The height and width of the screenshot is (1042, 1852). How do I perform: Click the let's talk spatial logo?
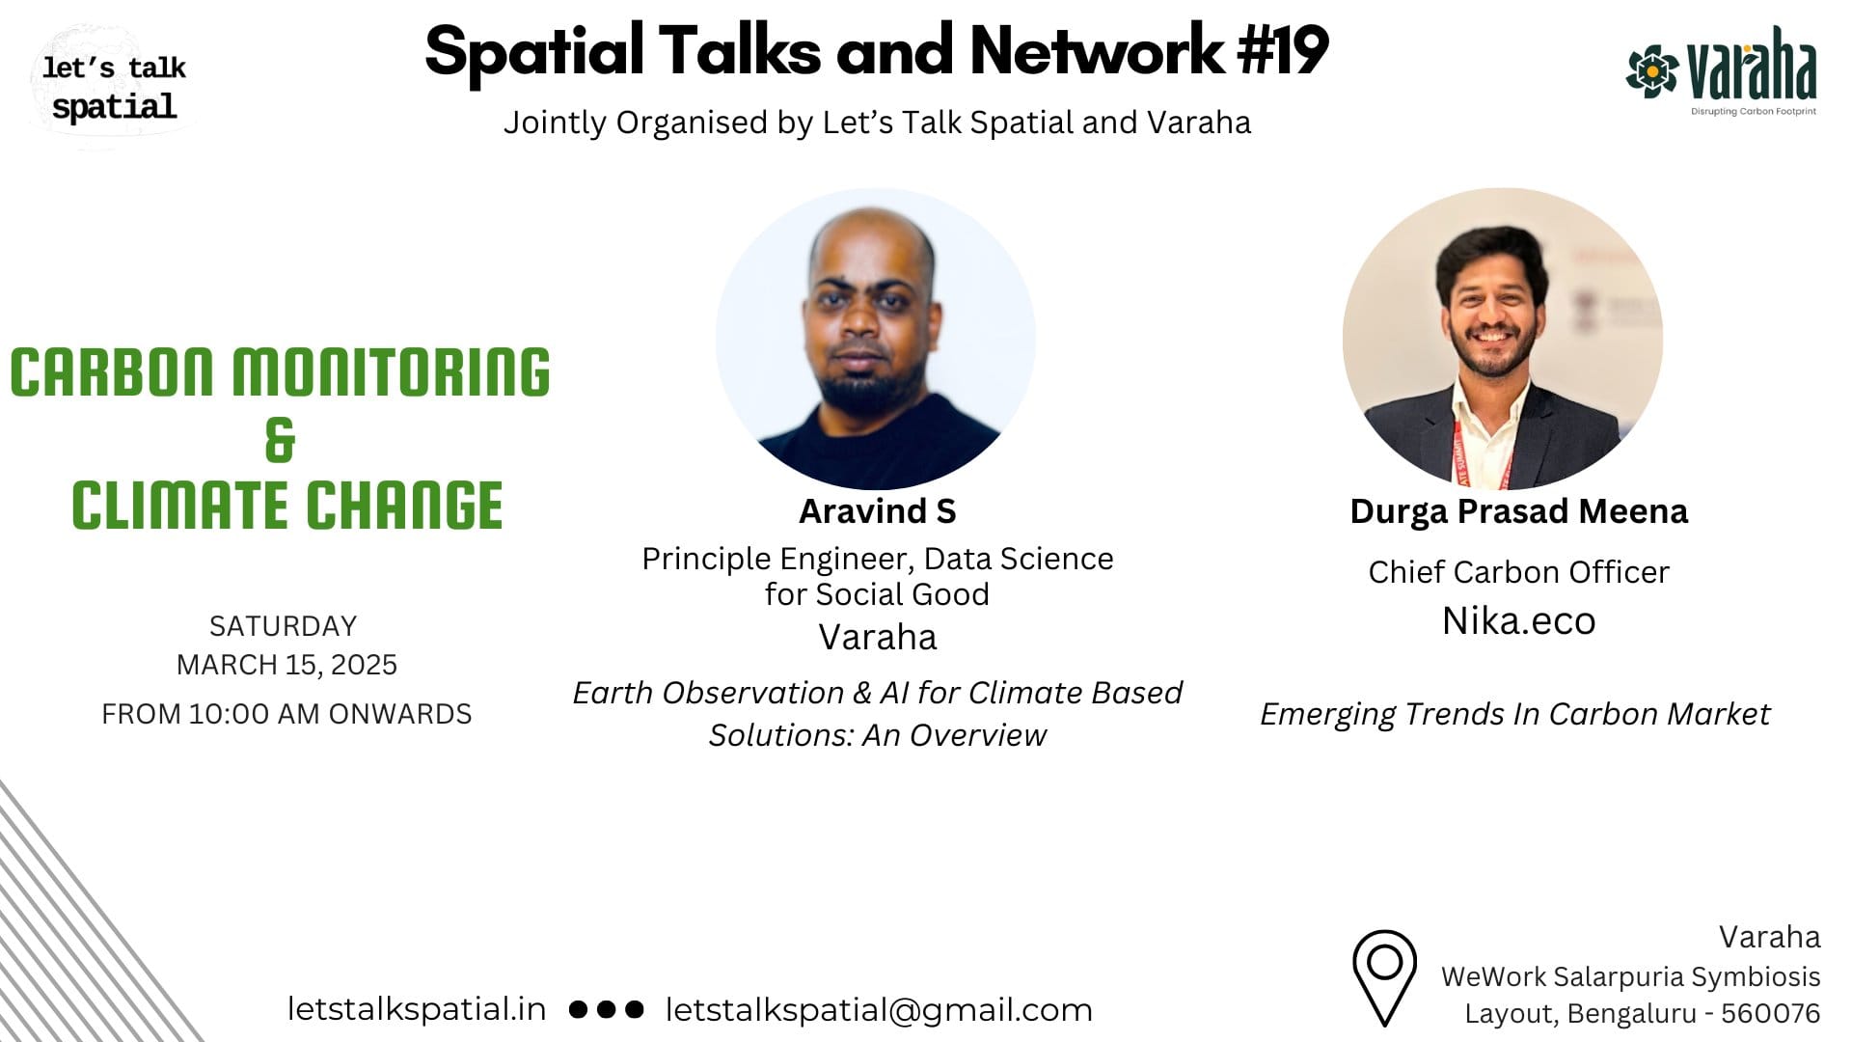point(114,87)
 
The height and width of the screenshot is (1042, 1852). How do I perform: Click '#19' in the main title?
point(1284,50)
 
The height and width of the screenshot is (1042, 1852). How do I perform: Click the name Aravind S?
point(877,511)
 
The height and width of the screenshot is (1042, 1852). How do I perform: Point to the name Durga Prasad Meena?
point(1518,511)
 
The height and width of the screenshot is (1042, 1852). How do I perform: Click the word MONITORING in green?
point(391,372)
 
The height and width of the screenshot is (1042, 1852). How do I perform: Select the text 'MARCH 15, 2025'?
point(286,665)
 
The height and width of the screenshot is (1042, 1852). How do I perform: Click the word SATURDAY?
point(284,626)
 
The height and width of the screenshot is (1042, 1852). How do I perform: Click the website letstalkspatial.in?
point(417,1009)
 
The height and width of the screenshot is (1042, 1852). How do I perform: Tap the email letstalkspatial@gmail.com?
point(879,1010)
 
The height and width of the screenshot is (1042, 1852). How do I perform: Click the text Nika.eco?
point(1518,621)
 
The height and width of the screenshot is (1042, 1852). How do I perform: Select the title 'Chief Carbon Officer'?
point(1518,572)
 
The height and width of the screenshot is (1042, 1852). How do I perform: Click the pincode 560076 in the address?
point(1770,1014)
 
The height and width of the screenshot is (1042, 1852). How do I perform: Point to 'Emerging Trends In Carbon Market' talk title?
point(1514,714)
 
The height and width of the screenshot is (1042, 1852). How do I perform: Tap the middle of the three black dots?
point(606,1009)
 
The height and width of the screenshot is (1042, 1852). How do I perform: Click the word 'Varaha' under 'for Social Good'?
point(877,638)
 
